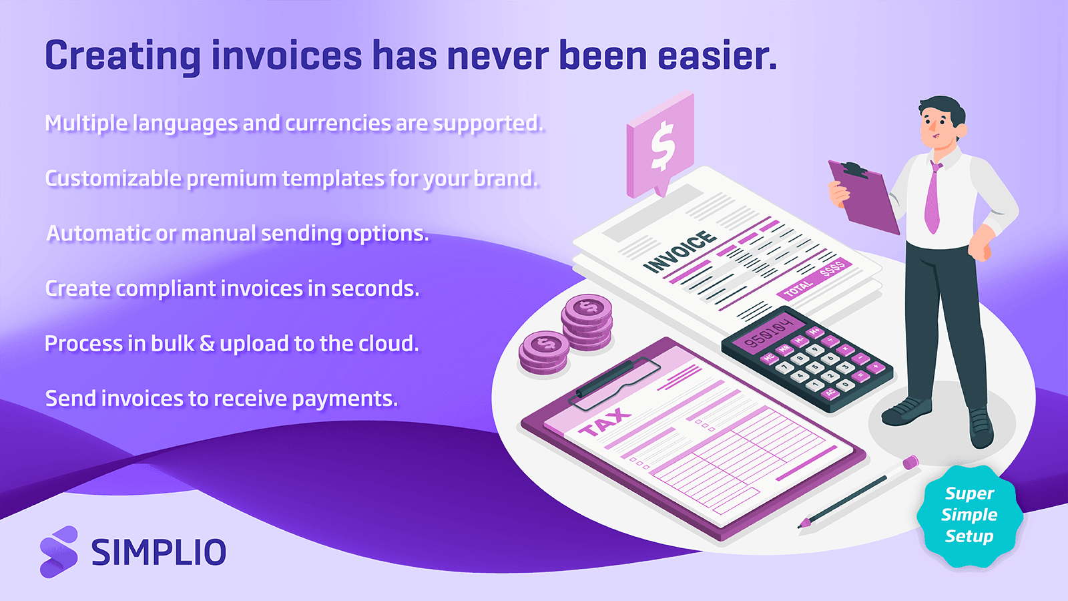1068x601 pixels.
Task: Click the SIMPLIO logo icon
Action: click(59, 552)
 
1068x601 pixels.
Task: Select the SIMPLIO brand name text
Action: click(159, 552)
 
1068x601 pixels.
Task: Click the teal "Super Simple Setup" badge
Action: click(969, 516)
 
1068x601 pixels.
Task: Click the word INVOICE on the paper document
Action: click(680, 252)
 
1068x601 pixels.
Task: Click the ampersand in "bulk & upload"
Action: click(207, 343)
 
